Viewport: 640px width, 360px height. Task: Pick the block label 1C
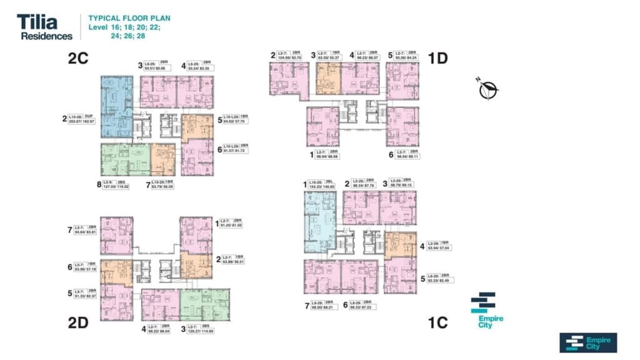pos(438,322)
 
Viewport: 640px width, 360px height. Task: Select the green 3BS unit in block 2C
pos(125,159)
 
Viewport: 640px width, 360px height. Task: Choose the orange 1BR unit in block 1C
pos(400,244)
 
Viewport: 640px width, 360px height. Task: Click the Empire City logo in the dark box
pos(588,342)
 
